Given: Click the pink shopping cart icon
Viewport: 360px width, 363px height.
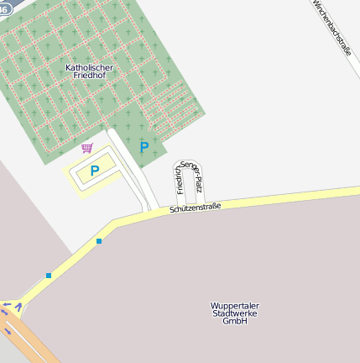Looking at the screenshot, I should tap(86, 149).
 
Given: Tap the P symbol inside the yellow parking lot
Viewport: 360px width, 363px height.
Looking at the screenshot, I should tap(95, 171).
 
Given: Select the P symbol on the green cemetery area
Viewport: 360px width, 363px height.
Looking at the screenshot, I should tap(144, 148).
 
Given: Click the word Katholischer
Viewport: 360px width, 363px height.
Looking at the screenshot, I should tap(89, 66).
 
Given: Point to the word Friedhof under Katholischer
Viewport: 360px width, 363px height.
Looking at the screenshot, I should tap(89, 76).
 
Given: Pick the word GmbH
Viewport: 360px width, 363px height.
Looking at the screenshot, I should tap(234, 321).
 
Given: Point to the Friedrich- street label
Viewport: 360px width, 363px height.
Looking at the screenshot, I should tap(179, 178).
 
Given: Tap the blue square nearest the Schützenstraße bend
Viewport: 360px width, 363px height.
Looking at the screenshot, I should tap(99, 241).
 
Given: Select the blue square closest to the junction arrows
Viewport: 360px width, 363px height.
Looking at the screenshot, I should tap(49, 275).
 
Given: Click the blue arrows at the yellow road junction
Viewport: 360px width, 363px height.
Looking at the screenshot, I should tap(10, 313).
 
